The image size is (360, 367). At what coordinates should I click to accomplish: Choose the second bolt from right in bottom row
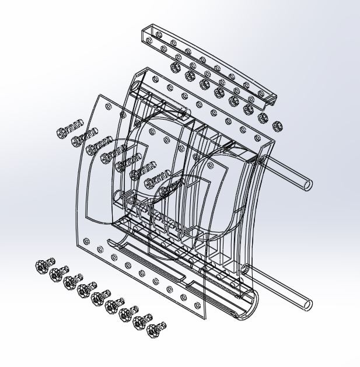tap(142, 322)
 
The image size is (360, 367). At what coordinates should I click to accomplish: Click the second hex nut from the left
tap(189, 75)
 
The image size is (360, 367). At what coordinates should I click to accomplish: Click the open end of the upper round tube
tap(308, 185)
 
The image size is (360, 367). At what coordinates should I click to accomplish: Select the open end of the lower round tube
tap(307, 304)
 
